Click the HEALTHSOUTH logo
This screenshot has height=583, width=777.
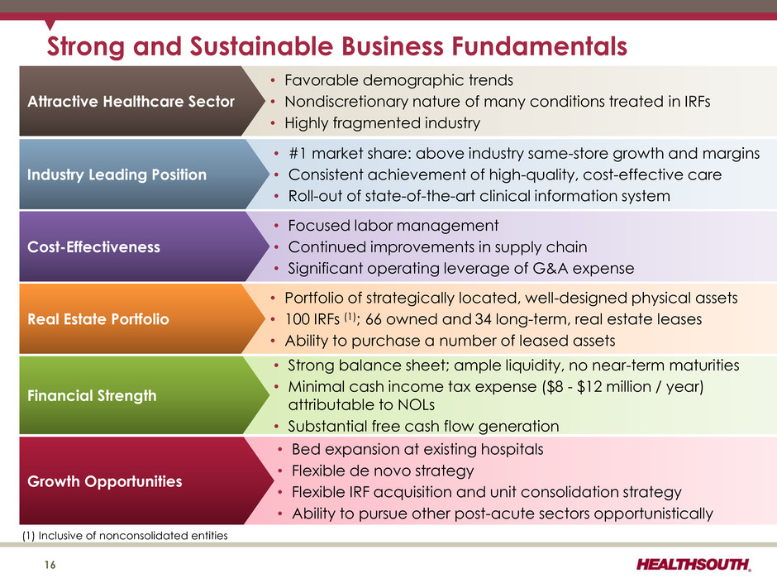click(694, 564)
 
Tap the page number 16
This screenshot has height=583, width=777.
click(50, 565)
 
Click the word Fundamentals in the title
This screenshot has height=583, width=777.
click(539, 46)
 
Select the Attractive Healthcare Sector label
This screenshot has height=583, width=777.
click(131, 101)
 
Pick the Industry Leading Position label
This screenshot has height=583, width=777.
click(117, 174)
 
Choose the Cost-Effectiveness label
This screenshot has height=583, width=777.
click(93, 247)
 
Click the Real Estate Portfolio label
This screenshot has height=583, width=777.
click(98, 318)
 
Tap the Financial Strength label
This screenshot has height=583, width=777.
click(92, 395)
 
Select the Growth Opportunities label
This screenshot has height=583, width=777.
click(104, 481)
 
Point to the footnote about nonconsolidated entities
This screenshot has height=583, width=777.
click(125, 535)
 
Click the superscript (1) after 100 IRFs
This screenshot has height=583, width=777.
click(350, 316)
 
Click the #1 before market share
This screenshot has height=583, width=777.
click(298, 153)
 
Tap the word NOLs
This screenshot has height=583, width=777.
click(417, 405)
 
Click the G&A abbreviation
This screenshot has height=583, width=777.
click(551, 268)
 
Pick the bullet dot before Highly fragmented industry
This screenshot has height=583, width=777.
click(273, 123)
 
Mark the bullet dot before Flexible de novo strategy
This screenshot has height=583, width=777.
click(280, 471)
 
